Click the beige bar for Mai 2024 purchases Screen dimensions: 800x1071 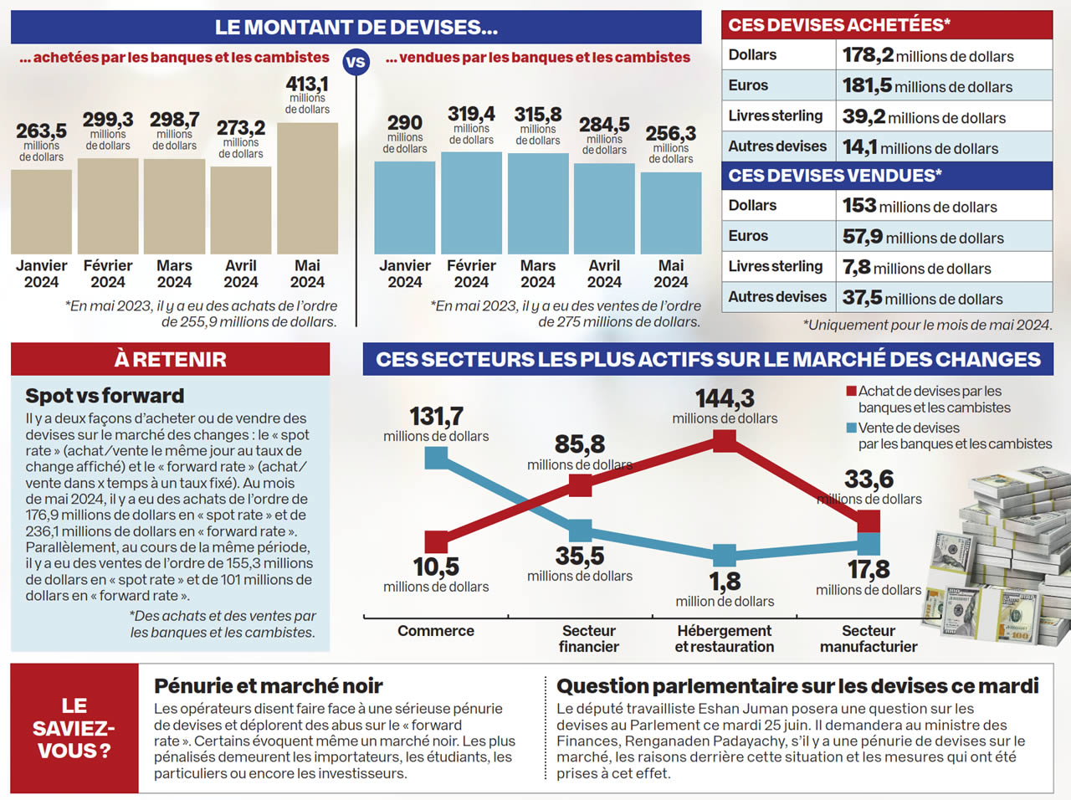click(x=307, y=188)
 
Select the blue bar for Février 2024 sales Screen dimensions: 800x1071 click(x=471, y=203)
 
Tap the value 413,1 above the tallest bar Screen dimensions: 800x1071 click(x=307, y=84)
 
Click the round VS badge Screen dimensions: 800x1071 click(x=356, y=62)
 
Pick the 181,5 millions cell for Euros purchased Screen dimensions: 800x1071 click(x=943, y=85)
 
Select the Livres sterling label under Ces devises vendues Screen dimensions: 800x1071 click(x=776, y=266)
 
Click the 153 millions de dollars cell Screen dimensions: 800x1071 click(x=943, y=206)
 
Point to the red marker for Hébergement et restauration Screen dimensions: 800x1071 click(x=725, y=440)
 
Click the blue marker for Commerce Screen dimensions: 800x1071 click(x=436, y=457)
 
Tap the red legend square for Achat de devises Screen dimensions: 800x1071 click(x=852, y=391)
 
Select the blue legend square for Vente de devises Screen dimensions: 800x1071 click(x=852, y=428)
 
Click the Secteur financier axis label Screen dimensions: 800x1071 click(x=589, y=638)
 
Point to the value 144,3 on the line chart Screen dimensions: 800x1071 click(x=725, y=398)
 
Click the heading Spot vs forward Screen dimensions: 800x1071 click(x=105, y=396)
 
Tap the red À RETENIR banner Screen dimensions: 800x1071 click(x=171, y=359)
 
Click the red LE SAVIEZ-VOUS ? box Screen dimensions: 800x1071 click(x=74, y=728)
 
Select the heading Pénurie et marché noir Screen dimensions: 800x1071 click(x=268, y=686)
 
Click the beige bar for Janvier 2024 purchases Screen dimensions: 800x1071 click(x=41, y=212)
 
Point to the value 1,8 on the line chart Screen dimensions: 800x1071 click(x=725, y=581)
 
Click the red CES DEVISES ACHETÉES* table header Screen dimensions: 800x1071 click(x=887, y=25)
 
